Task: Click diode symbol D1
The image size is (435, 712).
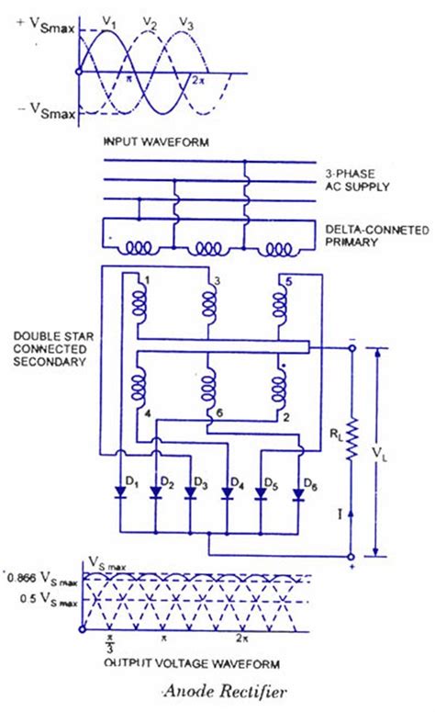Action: (x=119, y=493)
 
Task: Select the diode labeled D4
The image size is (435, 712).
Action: (x=226, y=493)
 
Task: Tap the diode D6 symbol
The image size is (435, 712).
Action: (x=298, y=493)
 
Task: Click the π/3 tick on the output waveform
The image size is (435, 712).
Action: (x=109, y=641)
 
